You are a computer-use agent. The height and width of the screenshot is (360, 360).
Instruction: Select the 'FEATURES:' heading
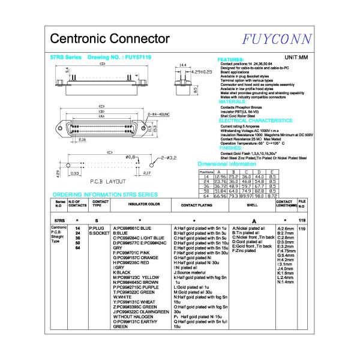(x=231, y=60)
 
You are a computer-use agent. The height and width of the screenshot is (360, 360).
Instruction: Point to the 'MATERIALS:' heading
(x=233, y=102)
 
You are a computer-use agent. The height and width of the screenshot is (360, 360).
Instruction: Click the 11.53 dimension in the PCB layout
(x=74, y=173)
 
